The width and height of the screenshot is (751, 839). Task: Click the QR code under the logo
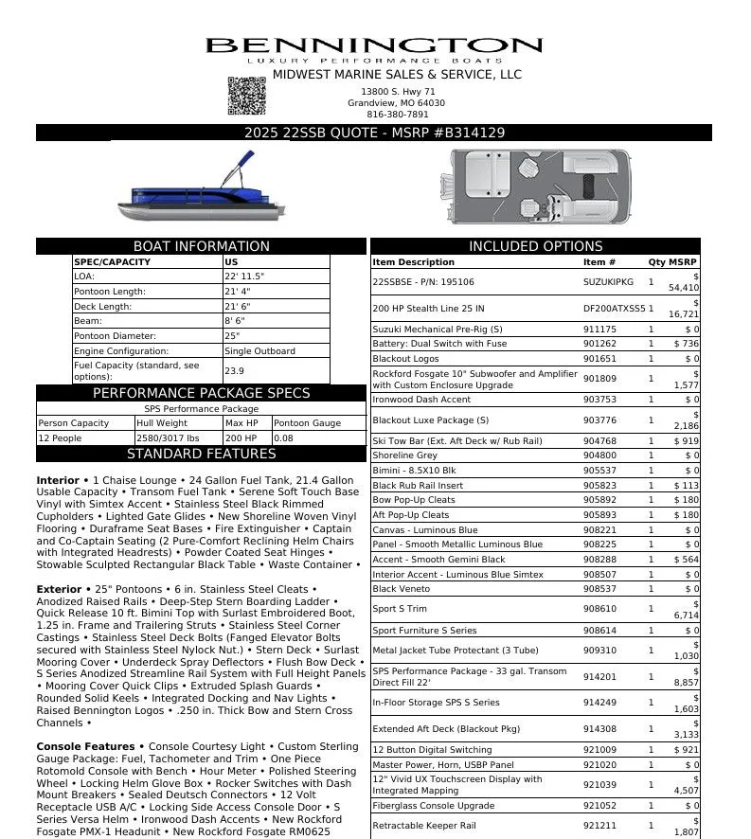(x=244, y=96)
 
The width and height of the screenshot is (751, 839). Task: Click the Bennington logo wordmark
(x=374, y=46)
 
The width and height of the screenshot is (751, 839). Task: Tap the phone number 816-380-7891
(x=397, y=115)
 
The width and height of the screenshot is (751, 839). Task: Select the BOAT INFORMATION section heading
(x=201, y=246)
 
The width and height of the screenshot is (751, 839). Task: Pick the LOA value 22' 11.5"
(x=244, y=277)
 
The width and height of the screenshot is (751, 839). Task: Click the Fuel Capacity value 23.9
(x=234, y=371)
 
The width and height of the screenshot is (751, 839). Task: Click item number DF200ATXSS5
(x=614, y=309)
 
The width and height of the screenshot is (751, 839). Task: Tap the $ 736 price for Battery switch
(x=686, y=344)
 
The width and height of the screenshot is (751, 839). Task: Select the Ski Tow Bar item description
(x=456, y=441)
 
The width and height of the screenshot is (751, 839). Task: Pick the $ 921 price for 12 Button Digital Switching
(x=686, y=750)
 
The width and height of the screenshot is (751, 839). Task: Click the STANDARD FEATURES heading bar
(x=201, y=454)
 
